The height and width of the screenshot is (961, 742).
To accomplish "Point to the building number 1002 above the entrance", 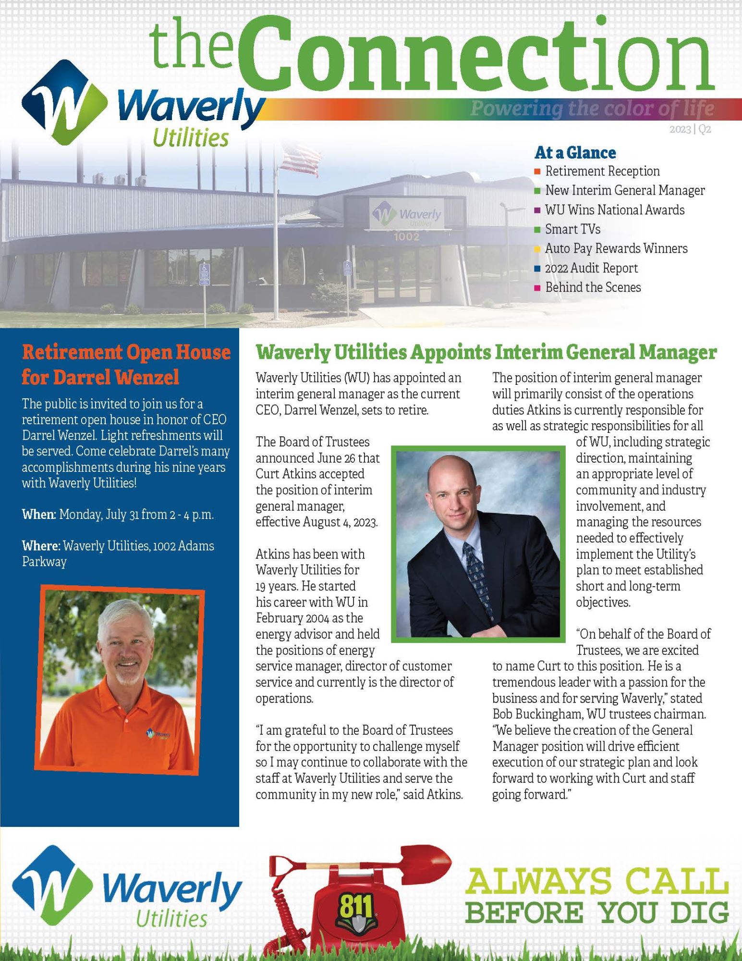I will (x=406, y=236).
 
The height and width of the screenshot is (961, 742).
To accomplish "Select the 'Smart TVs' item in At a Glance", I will (x=572, y=229).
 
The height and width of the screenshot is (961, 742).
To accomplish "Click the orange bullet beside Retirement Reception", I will (x=537, y=172).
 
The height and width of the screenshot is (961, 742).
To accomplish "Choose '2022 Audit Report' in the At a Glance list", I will (x=591, y=268).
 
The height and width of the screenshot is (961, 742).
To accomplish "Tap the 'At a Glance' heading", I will (x=575, y=153).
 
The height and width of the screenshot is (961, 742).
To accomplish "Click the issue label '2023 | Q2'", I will (x=690, y=129).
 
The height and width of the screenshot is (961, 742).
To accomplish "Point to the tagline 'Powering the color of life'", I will (x=592, y=109).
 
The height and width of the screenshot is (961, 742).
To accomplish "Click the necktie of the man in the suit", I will (x=477, y=572).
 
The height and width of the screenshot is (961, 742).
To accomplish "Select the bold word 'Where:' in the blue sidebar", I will (x=41, y=546).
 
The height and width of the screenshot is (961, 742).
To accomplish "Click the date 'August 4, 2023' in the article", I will (x=340, y=522).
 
